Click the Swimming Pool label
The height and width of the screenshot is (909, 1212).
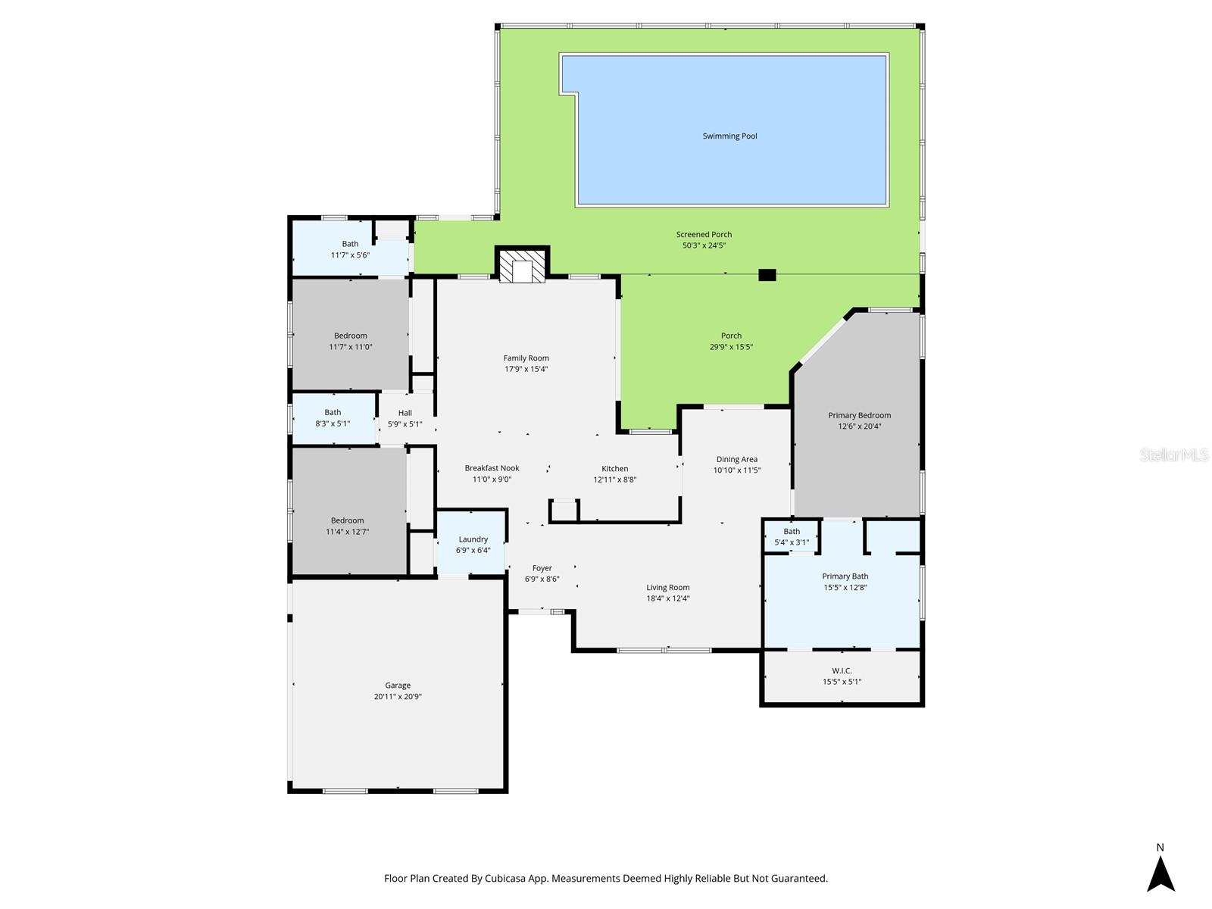pyautogui.click(x=729, y=136)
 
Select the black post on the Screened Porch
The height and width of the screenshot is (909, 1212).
pyautogui.click(x=767, y=275)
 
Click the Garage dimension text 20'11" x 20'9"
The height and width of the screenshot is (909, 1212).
pyautogui.click(x=397, y=696)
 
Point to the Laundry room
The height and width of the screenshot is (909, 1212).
pyautogui.click(x=473, y=544)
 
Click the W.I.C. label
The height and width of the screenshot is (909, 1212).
pyautogui.click(x=842, y=670)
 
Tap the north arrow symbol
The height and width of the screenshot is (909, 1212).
pyautogui.click(x=1160, y=873)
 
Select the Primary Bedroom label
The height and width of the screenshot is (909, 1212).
pyautogui.click(x=859, y=415)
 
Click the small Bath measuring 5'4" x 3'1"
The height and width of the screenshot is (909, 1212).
pyautogui.click(x=792, y=536)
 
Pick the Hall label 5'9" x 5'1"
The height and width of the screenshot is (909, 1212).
pyautogui.click(x=405, y=418)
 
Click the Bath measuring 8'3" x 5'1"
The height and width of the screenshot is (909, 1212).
pyautogui.click(x=333, y=418)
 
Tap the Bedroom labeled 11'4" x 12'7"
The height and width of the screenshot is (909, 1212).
pyautogui.click(x=347, y=526)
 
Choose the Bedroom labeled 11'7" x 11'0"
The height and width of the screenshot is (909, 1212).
pyautogui.click(x=350, y=341)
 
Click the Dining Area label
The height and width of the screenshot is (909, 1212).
pyautogui.click(x=736, y=459)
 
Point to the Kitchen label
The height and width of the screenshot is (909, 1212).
pyautogui.click(x=614, y=468)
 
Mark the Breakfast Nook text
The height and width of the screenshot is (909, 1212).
pyautogui.click(x=492, y=468)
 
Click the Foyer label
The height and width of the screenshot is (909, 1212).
pyautogui.click(x=542, y=568)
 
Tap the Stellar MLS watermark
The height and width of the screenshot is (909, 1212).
pyautogui.click(x=1174, y=454)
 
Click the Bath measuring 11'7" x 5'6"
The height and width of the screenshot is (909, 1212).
pyautogui.click(x=350, y=249)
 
